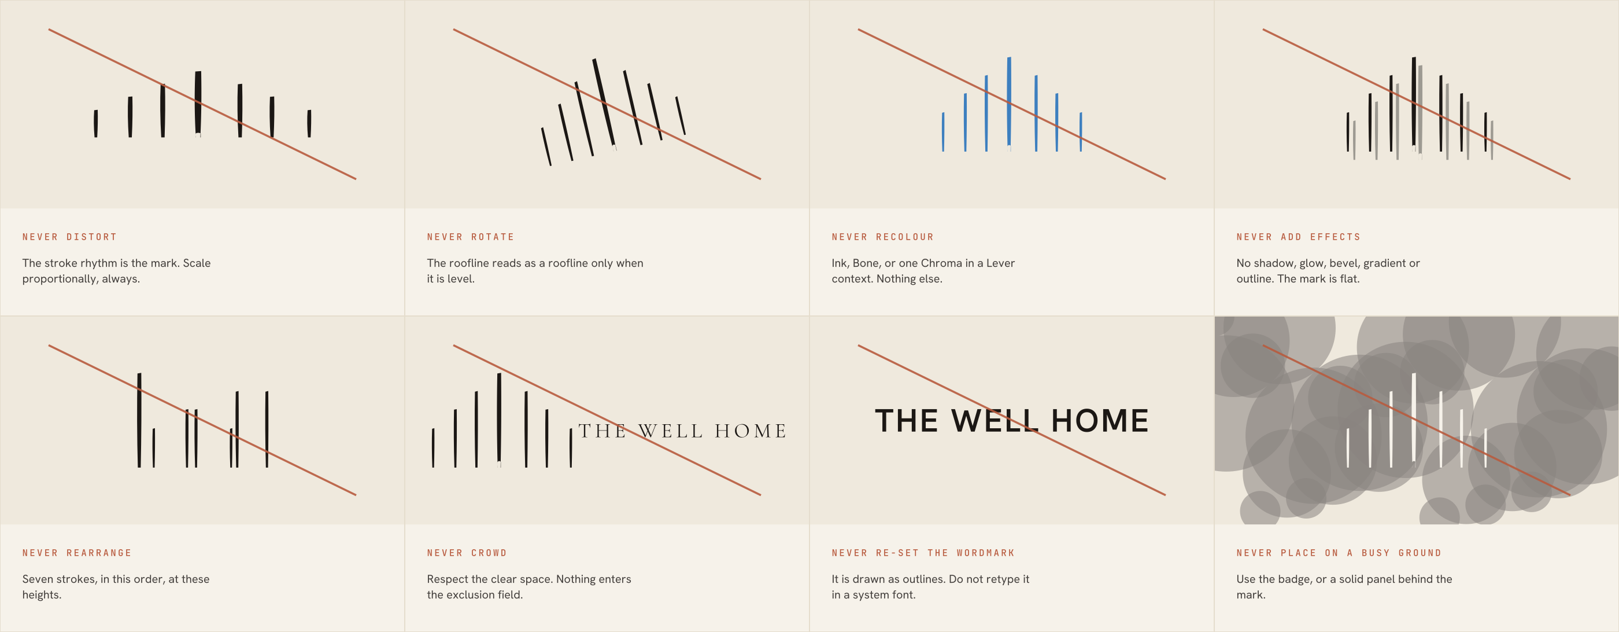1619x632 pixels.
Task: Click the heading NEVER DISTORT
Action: click(70, 237)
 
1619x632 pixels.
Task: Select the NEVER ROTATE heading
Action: click(471, 237)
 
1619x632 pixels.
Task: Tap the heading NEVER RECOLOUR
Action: click(883, 237)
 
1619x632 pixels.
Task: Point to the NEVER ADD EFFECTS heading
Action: click(1299, 237)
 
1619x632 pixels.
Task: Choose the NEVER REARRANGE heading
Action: click(77, 553)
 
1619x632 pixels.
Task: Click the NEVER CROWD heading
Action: click(467, 553)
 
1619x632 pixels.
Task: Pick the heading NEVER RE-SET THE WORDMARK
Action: click(923, 553)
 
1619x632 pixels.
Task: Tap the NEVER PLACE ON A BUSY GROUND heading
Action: click(1339, 553)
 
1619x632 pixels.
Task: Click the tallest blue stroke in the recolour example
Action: click(1009, 103)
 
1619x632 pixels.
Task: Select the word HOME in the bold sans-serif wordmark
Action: click(1099, 421)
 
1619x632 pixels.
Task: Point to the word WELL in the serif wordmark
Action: click(670, 431)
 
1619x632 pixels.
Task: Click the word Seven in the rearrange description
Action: click(38, 579)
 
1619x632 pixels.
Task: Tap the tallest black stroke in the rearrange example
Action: click(139, 420)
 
